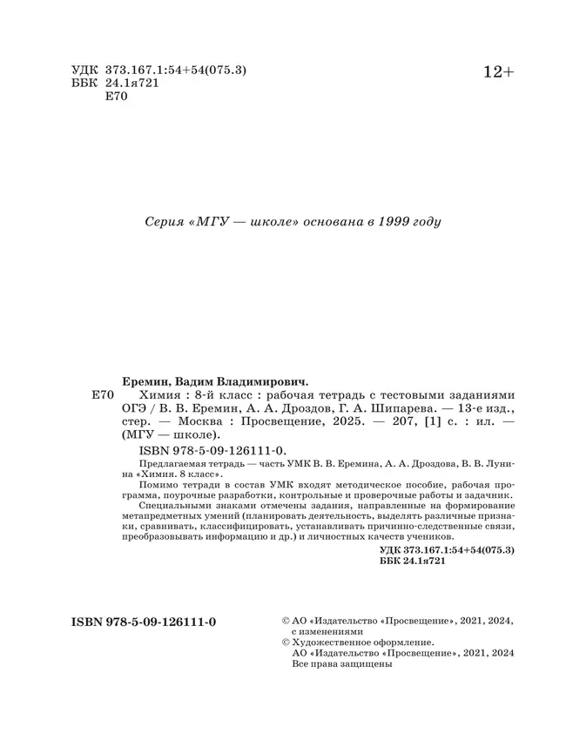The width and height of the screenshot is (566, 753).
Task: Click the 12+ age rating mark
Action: pos(499,73)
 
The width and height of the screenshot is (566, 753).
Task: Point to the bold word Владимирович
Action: pos(263,380)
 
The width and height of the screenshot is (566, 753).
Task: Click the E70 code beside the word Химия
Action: pos(102,394)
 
